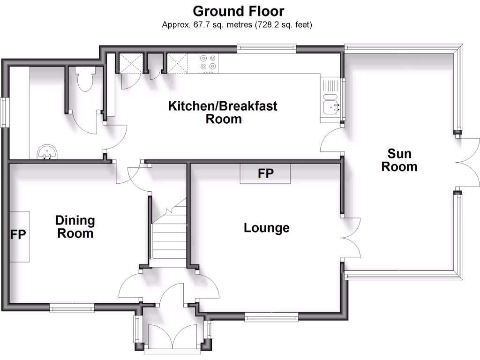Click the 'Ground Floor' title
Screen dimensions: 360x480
pos(239,11)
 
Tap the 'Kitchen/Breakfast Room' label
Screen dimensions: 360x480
pos(223,112)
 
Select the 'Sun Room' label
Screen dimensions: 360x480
pos(399,160)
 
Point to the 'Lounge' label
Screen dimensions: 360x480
pos(266,228)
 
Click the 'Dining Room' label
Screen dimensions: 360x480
pos(75,226)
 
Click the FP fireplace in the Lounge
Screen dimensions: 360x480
pos(265,173)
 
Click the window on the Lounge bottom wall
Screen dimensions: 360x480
pos(271,318)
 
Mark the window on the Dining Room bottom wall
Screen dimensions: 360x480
pos(72,307)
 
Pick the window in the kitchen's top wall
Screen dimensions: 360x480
pos(266,47)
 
